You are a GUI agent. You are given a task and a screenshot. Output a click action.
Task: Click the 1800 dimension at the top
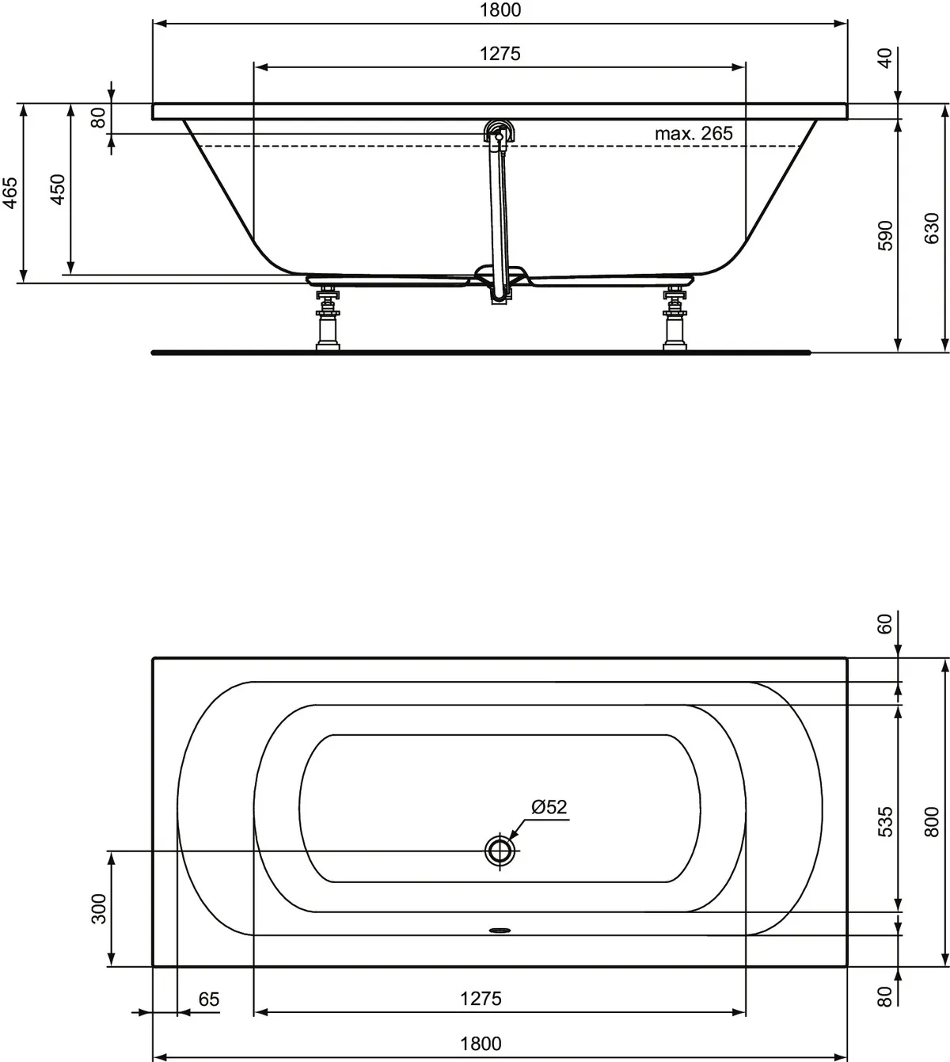click(x=500, y=10)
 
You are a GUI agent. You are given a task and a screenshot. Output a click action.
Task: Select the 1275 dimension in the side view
click(x=500, y=54)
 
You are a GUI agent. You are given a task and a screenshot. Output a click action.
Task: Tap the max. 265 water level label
click(x=693, y=133)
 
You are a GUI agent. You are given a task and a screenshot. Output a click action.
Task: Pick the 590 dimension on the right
click(x=886, y=235)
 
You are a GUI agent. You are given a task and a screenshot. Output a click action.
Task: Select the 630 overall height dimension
click(x=932, y=228)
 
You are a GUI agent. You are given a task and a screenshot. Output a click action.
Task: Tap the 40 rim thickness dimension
click(x=886, y=57)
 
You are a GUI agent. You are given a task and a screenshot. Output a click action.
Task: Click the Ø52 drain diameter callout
click(x=549, y=807)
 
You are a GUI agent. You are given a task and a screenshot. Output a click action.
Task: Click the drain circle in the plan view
click(x=500, y=851)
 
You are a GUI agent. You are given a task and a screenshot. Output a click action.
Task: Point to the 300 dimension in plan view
click(x=98, y=908)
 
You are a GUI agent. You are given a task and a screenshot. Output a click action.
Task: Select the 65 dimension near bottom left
click(x=208, y=999)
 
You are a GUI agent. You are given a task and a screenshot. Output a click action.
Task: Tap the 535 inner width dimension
click(x=886, y=821)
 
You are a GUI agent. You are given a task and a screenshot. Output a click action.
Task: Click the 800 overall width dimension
click(x=932, y=821)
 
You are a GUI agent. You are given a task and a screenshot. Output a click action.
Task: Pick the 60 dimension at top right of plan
click(x=886, y=623)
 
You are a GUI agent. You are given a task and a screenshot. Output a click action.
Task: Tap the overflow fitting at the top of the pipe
click(x=499, y=132)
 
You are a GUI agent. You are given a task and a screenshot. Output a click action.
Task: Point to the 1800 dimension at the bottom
click(x=481, y=1044)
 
